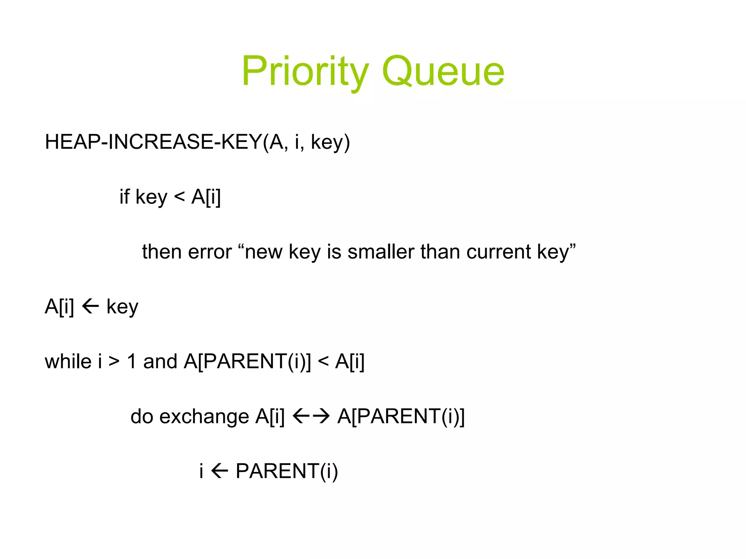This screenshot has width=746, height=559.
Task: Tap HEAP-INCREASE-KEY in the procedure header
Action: click(153, 142)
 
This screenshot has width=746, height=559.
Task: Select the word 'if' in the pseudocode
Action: click(125, 197)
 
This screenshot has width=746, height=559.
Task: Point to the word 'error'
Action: click(210, 252)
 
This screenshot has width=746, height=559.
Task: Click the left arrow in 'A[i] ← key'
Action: click(90, 306)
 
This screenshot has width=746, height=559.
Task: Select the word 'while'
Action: click(68, 361)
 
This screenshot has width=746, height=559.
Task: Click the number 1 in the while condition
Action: click(132, 361)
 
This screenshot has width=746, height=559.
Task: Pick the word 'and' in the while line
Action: click(160, 361)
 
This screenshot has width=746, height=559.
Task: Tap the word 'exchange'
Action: click(204, 416)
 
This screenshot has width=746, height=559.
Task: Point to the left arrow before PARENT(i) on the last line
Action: click(220, 471)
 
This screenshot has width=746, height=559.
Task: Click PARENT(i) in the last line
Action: click(287, 471)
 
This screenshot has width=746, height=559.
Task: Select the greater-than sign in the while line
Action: click(114, 361)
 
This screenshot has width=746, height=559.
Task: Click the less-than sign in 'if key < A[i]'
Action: click(179, 197)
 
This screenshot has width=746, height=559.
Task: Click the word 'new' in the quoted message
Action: click(263, 252)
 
